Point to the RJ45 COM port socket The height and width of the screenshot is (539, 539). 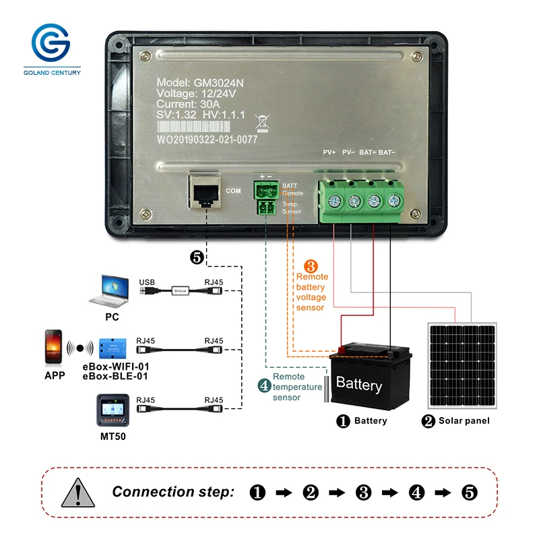205,191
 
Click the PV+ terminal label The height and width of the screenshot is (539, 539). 329,153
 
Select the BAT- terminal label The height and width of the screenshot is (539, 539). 387,153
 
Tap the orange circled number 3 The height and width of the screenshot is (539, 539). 311,266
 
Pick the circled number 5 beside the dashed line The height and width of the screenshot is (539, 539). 197,257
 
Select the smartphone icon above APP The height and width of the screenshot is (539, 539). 54,347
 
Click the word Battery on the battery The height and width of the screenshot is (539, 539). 358,385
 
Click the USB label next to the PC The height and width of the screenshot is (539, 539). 147,282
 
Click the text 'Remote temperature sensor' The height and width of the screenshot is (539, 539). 297,387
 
